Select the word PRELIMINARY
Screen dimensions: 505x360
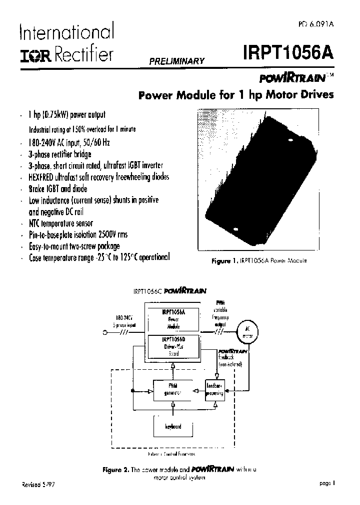tap(175, 61)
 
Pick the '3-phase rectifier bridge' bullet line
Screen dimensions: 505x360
tap(60, 154)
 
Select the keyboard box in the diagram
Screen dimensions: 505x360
tap(173, 426)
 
